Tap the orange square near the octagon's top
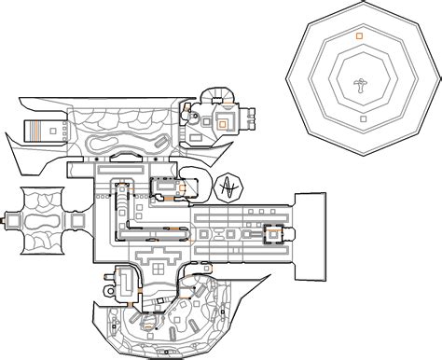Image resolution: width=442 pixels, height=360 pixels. [x=360, y=35]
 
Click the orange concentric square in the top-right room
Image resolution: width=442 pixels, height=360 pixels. [x=224, y=120]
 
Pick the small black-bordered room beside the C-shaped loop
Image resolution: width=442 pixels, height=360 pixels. [x=165, y=190]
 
